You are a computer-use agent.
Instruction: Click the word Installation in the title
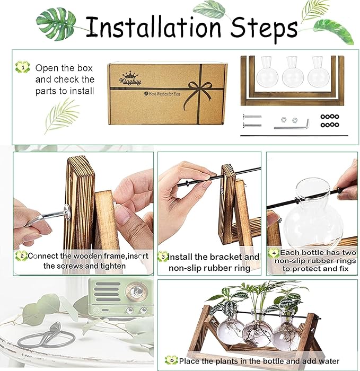(x=153, y=26)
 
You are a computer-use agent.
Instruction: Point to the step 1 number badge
(x=22, y=67)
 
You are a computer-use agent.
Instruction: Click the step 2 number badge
(x=22, y=256)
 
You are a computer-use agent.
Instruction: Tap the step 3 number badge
(x=163, y=257)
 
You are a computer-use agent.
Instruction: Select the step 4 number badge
(x=274, y=253)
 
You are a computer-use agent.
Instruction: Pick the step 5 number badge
(x=172, y=360)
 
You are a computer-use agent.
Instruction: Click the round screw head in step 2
(x=67, y=212)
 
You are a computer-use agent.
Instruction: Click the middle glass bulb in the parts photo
(x=292, y=72)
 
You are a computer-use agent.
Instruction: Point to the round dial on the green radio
(x=136, y=291)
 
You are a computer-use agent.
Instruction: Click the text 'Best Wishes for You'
(x=162, y=94)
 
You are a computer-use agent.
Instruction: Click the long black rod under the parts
(x=294, y=136)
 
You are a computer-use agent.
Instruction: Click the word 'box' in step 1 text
(x=85, y=68)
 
